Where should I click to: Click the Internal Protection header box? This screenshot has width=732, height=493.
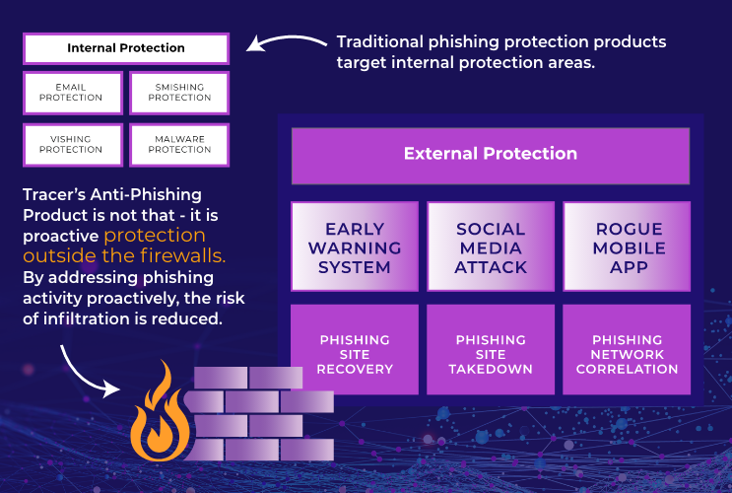pyautogui.click(x=125, y=48)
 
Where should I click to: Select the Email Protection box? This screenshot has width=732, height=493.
pyautogui.click(x=72, y=93)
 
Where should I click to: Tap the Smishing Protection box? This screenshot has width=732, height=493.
pyautogui.click(x=179, y=93)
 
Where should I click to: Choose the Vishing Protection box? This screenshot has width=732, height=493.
pyautogui.click(x=72, y=144)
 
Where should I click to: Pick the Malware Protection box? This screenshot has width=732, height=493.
pyautogui.click(x=179, y=144)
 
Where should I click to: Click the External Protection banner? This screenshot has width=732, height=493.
pyautogui.click(x=490, y=154)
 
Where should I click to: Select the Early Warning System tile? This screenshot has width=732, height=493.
pyautogui.click(x=355, y=247)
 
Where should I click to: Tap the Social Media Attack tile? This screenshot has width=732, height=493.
pyautogui.click(x=491, y=247)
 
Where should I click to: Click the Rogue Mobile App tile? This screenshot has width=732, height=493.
pyautogui.click(x=628, y=247)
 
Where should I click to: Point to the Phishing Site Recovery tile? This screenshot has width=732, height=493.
pyautogui.click(x=355, y=354)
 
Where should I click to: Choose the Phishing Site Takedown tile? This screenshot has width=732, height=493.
pyautogui.click(x=491, y=354)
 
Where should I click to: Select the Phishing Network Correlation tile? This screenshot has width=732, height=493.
pyautogui.click(x=628, y=354)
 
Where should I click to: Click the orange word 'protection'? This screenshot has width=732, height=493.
pyautogui.click(x=155, y=236)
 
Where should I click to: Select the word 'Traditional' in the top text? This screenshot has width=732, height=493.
pyautogui.click(x=379, y=42)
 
